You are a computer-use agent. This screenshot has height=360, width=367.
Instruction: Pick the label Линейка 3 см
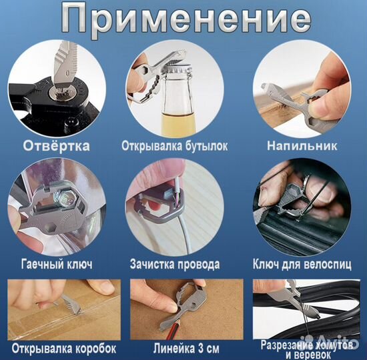[x=176, y=347]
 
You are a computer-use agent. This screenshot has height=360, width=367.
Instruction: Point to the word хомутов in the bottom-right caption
[x=326, y=343]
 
